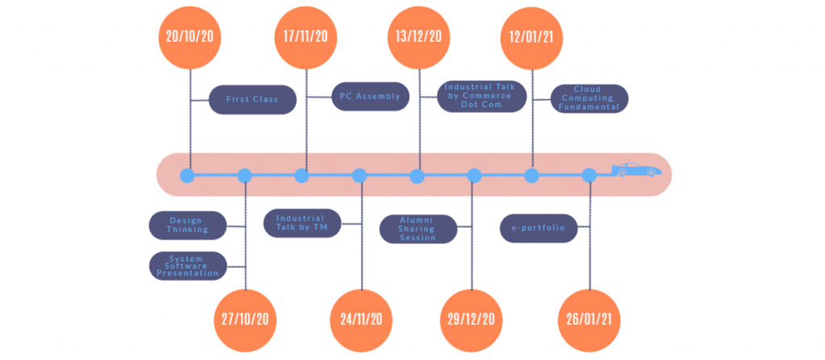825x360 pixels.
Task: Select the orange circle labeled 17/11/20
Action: (305, 36)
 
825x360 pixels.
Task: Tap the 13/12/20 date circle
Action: (419, 36)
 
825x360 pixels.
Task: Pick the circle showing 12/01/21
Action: (532, 36)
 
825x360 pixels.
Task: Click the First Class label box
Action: (252, 100)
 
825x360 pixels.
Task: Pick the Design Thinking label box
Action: (188, 225)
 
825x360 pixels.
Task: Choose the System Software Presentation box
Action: (188, 266)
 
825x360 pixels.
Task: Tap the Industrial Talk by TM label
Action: (301, 223)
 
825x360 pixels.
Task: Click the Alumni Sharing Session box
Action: (418, 228)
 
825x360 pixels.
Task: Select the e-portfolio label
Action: (537, 228)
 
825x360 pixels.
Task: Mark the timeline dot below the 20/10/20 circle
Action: (188, 175)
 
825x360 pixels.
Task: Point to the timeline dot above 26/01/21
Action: (589, 175)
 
